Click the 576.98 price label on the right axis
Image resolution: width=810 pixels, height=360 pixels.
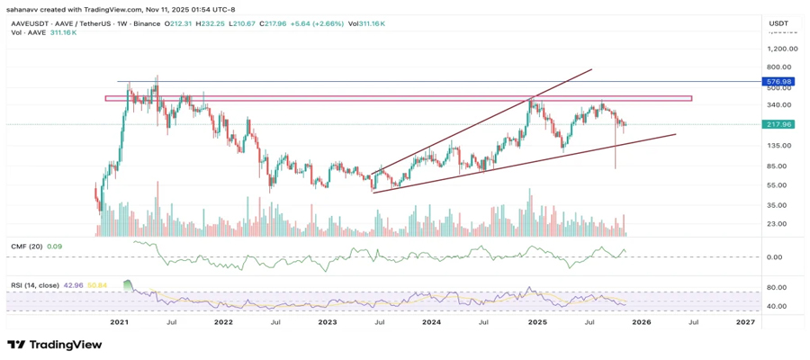pos(777,82)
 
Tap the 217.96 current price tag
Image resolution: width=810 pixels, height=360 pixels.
pos(777,124)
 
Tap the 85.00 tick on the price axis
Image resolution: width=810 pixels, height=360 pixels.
pos(778,166)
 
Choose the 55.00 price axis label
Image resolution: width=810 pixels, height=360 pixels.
pos(778,185)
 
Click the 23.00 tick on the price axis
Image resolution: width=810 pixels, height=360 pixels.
pos(778,224)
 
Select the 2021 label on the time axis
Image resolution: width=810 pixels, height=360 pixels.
pos(119,321)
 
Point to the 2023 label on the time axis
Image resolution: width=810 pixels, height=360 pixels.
pos(327,321)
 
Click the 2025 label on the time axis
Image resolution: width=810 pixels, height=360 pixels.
pos(537,321)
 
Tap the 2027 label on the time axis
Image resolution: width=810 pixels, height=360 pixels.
pos(745,321)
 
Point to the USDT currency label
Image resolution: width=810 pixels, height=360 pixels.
pos(778,21)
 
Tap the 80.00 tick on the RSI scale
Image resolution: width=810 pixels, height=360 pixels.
pos(777,288)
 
